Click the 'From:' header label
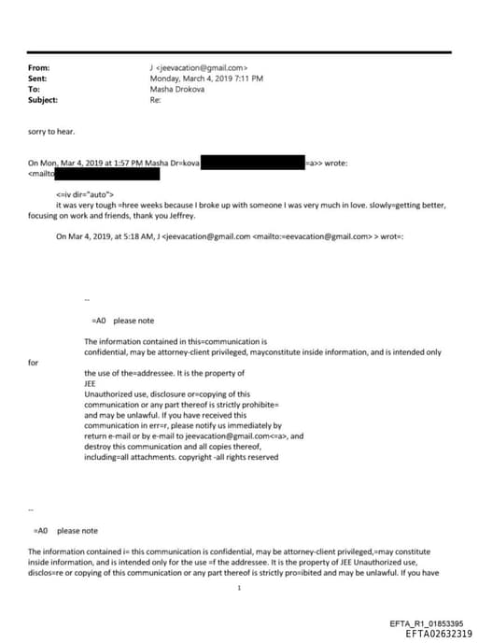(x=39, y=68)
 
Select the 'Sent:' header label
(x=38, y=79)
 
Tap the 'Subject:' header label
(x=44, y=99)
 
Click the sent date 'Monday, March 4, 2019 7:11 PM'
(x=206, y=79)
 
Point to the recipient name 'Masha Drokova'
(x=176, y=89)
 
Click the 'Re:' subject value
(x=155, y=99)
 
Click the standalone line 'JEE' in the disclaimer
(x=91, y=382)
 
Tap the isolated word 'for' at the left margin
(x=35, y=362)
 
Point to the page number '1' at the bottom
(x=239, y=588)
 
